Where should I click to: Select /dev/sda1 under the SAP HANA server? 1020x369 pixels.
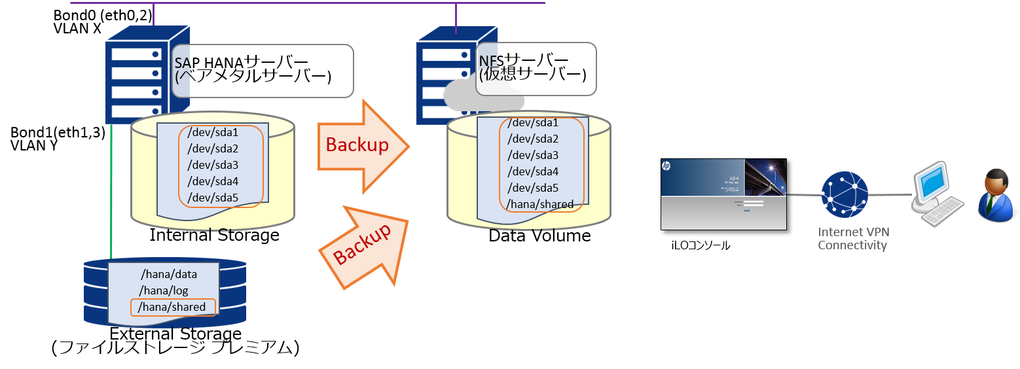[x=213, y=133]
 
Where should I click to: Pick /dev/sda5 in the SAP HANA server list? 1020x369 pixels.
[x=213, y=198]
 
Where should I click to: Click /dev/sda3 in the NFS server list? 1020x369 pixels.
[x=533, y=155]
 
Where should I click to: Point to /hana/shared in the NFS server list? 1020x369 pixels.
[x=540, y=204]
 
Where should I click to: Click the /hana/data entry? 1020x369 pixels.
[x=169, y=274]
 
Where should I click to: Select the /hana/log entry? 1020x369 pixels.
[x=164, y=290]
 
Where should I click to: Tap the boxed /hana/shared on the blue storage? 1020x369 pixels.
[x=173, y=307]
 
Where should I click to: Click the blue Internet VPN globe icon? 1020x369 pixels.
[x=846, y=195]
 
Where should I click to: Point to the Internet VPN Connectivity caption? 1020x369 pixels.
[x=853, y=239]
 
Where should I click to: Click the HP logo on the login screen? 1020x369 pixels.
[x=666, y=166]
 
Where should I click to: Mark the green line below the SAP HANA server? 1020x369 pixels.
[x=111, y=190]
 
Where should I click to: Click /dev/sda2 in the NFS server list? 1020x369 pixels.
[x=533, y=139]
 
